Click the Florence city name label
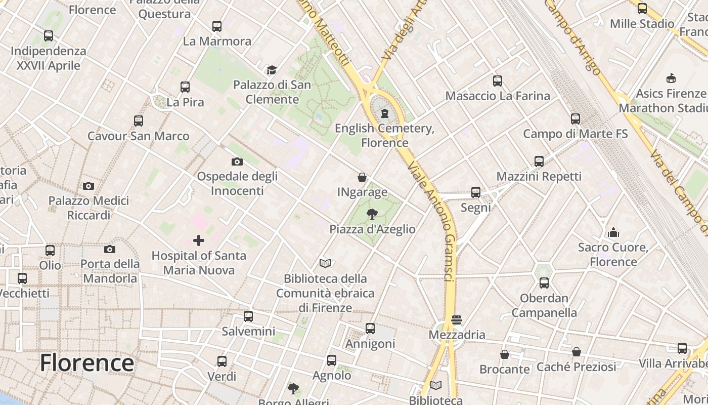[87, 362]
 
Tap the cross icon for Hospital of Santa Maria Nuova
[199, 240]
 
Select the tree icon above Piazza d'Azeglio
[372, 214]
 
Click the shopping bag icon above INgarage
[362, 177]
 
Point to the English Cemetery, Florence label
[384, 135]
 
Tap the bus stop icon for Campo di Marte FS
[576, 119]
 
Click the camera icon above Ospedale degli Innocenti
[237, 161]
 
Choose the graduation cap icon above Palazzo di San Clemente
[272, 70]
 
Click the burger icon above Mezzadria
[457, 319]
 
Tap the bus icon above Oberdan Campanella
[544, 283]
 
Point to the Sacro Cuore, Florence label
[613, 255]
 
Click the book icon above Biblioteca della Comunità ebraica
[325, 263]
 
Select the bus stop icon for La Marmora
[217, 26]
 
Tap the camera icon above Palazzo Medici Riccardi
[88, 186]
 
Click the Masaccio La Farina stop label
[498, 96]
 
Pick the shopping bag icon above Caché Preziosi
[577, 351]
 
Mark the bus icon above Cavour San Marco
[139, 121]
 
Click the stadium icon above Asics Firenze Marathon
[671, 78]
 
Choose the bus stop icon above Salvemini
[248, 316]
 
